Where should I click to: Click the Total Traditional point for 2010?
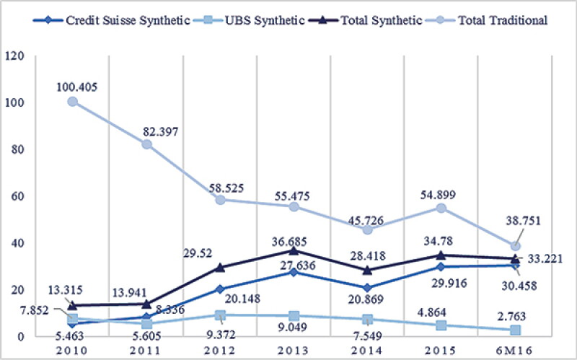[x=73, y=102]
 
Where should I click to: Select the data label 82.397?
[x=160, y=131]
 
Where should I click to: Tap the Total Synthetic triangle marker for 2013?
[x=294, y=250]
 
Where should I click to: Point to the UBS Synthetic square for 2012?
[x=220, y=315]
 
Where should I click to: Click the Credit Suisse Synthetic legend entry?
[x=112, y=20]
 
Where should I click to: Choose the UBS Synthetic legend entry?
[x=248, y=20]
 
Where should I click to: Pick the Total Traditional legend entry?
[x=487, y=20]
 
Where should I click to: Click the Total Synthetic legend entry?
[x=365, y=20]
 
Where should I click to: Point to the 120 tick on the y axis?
[x=14, y=56]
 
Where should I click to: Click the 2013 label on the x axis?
[x=294, y=350]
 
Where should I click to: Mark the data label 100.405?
[x=77, y=87]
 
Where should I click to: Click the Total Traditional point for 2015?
[x=441, y=208]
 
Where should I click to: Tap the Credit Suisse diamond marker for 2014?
[x=367, y=287]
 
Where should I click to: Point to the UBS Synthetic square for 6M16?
[x=515, y=330]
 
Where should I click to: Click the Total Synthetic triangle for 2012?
[x=220, y=268]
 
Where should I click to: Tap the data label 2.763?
[x=511, y=316]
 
